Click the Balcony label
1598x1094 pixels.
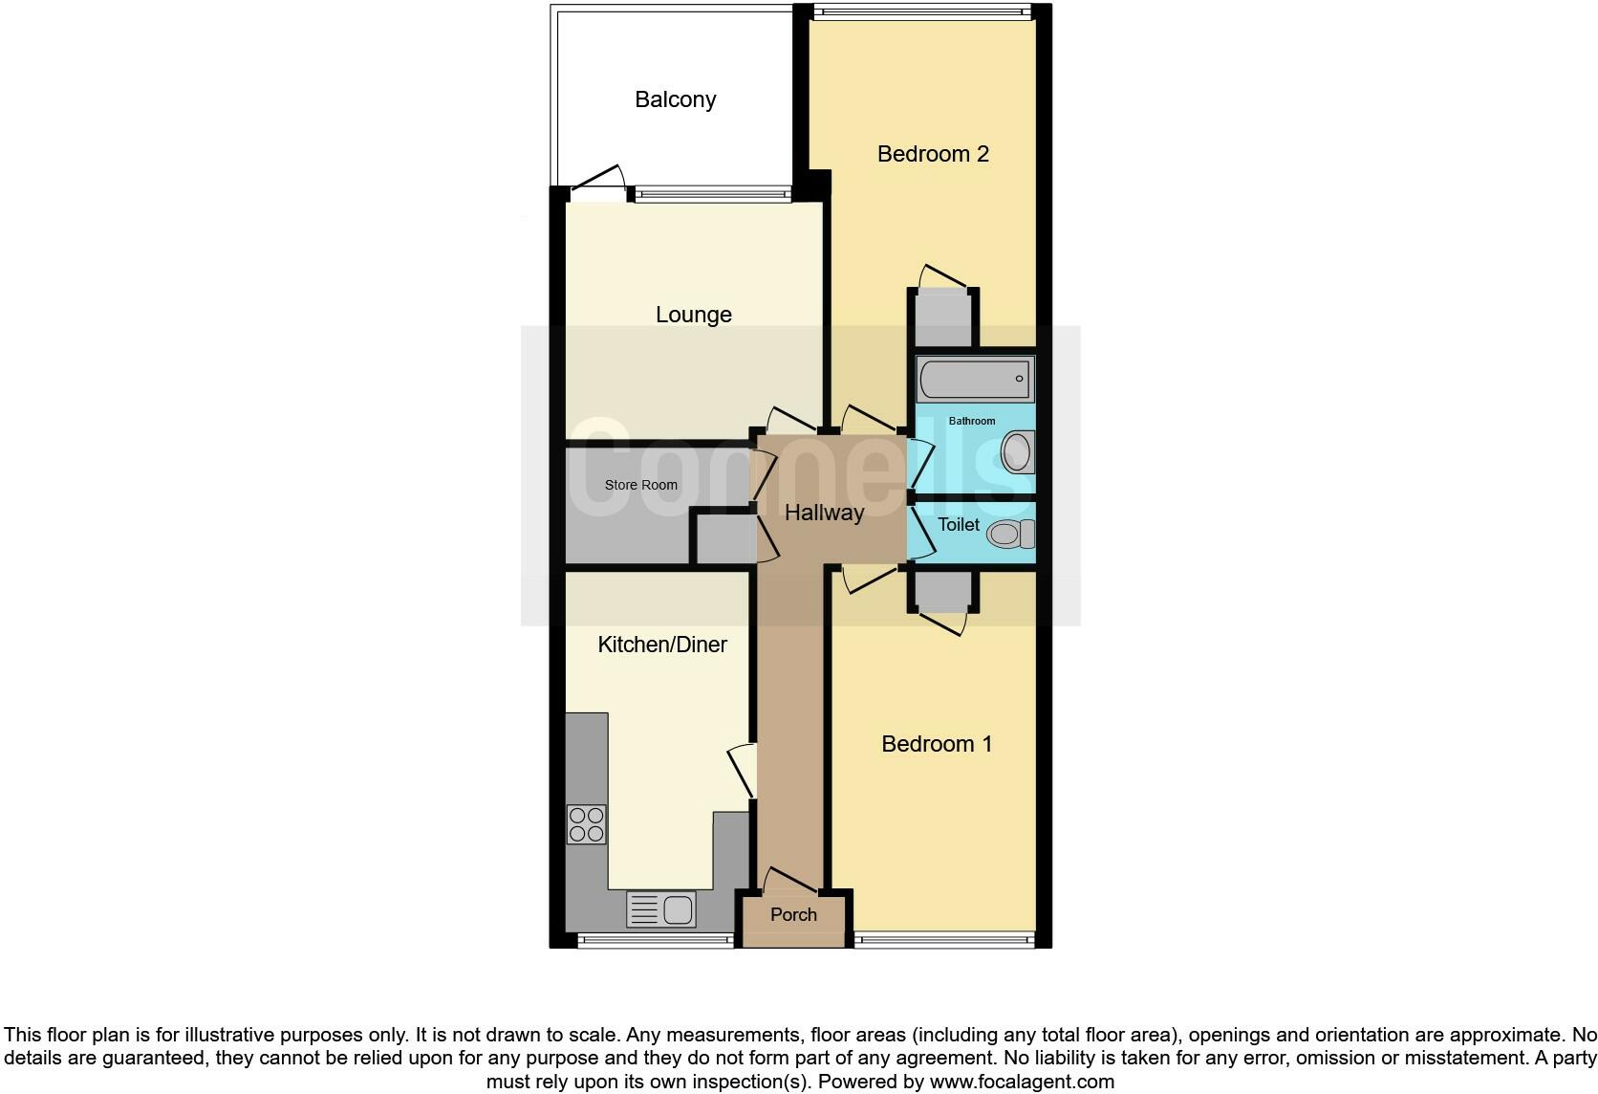675,99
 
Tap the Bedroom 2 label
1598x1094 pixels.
933,154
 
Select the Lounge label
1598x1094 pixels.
693,315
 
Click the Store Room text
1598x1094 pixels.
640,485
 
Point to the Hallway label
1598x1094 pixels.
824,513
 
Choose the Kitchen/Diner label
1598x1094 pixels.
662,645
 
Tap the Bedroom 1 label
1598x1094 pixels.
937,744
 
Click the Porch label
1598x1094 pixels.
793,915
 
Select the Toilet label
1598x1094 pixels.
958,525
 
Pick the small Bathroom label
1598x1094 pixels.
971,421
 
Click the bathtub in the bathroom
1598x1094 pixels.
975,380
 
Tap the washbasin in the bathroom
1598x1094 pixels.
1018,452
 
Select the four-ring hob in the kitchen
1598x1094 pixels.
586,824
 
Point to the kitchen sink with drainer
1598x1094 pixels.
660,908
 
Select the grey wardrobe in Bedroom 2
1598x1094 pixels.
942,319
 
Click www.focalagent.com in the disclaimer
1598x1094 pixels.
1021,1082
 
